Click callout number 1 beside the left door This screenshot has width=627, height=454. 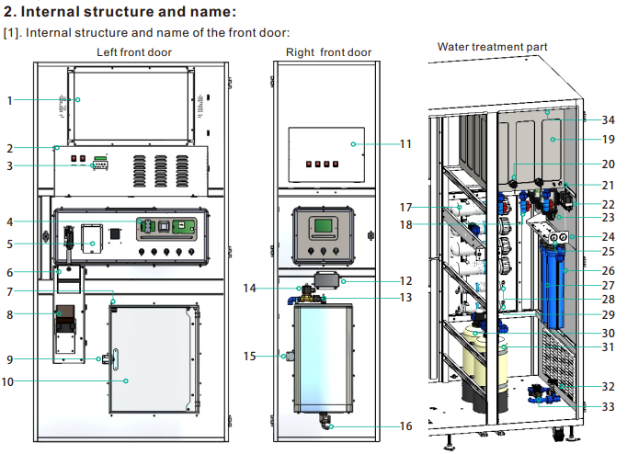coord(9,100)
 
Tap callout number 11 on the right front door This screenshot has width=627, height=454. coord(405,144)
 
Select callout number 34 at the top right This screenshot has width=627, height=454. coord(609,119)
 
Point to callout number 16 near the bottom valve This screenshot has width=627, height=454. coord(405,426)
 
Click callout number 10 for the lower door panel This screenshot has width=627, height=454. coord(8,381)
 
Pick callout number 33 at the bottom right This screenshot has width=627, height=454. coord(609,406)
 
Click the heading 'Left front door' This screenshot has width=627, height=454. coord(134,52)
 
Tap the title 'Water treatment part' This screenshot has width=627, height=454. coord(492,47)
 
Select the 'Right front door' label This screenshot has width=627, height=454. coord(329,52)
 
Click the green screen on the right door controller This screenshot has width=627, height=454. coord(323,225)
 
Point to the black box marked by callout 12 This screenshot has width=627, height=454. coord(326,279)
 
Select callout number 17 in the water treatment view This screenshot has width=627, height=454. coord(405,207)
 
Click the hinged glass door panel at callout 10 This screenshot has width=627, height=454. coord(154,359)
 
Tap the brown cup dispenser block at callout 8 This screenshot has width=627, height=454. coord(65,313)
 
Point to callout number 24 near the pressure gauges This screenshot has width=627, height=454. coord(609,236)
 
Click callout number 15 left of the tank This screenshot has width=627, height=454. coord(249,356)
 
